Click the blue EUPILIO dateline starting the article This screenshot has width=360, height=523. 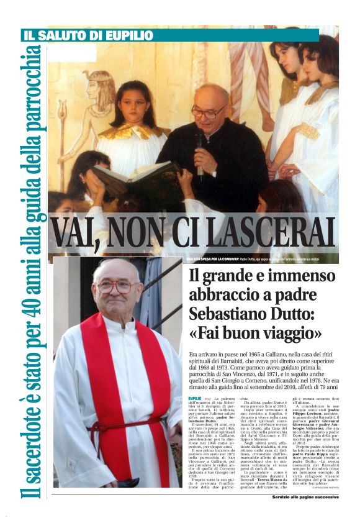coord(194,398)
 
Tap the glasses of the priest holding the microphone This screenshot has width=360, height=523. coord(209,112)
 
